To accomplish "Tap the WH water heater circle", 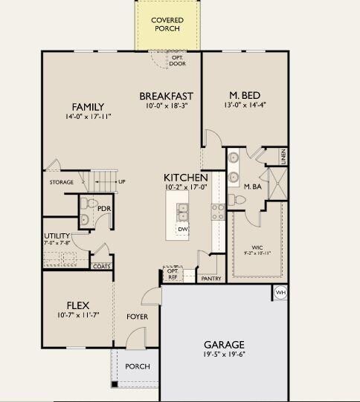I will point(280,292).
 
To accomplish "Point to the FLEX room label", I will point(78,305).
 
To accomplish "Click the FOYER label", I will point(137,317).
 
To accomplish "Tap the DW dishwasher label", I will point(182,230).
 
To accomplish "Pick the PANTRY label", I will point(211,279).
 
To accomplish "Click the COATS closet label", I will point(101,265).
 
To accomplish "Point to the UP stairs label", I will point(121,181).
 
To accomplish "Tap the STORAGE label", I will point(62,181).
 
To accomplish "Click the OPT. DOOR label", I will point(177,60).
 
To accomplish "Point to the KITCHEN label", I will point(185,178).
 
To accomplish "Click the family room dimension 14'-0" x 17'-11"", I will point(88,117).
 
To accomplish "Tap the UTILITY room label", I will point(57,236).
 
